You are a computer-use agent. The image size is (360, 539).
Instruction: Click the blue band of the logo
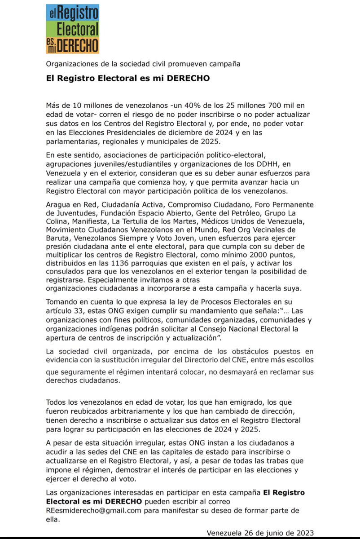click(x=72, y=13)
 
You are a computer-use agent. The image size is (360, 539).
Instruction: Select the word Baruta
click(x=59, y=239)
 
